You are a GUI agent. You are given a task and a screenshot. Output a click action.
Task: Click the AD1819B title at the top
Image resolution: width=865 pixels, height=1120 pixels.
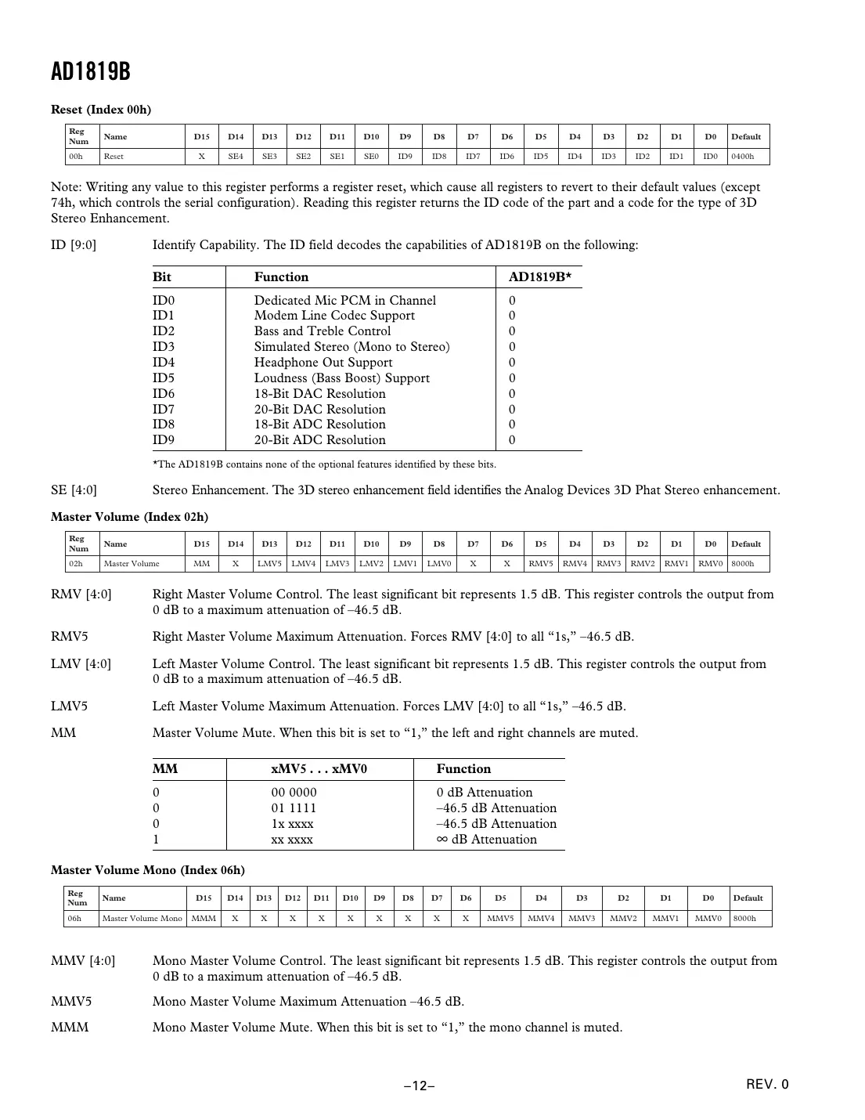point(90,72)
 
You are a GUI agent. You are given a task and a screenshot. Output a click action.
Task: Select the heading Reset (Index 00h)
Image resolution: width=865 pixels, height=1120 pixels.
point(101,110)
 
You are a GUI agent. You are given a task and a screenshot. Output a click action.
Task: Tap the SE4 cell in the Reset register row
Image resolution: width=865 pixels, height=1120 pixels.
point(236,157)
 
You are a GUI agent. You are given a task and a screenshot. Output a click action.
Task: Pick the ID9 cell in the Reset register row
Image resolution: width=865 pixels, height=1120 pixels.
point(405,157)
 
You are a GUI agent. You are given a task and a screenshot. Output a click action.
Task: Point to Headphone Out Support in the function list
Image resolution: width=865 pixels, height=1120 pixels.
point(323,363)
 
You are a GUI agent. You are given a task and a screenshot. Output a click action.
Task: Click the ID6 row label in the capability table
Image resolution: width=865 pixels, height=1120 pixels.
point(164,394)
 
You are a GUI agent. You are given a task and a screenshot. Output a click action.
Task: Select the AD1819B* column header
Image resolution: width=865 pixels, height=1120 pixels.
point(539,277)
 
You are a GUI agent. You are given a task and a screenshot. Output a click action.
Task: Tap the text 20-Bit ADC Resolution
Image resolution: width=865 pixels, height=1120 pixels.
point(319,440)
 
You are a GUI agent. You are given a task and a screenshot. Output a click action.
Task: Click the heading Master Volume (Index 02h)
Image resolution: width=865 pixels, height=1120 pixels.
point(129,517)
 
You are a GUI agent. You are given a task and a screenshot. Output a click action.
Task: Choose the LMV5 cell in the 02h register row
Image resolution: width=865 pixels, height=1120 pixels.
point(269,564)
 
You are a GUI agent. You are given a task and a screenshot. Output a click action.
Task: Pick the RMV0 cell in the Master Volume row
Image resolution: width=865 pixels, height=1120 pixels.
point(710,564)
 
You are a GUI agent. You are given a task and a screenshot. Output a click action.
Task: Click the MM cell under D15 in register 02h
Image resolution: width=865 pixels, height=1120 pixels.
point(202,564)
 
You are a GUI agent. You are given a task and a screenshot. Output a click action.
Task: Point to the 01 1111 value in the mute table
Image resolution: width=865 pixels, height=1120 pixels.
point(294,808)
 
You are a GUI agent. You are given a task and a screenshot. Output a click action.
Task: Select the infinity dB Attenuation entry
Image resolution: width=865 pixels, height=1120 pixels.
point(486,840)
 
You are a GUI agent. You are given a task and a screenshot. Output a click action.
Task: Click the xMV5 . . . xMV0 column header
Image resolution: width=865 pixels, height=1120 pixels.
point(319,769)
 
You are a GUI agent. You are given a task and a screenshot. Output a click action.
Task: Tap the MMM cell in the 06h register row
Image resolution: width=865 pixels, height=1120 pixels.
point(204,918)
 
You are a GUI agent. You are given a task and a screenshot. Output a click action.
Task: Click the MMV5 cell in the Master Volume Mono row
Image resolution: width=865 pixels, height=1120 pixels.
point(500,918)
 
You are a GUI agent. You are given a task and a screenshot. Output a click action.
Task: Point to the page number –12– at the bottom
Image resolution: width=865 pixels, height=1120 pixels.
point(420,1086)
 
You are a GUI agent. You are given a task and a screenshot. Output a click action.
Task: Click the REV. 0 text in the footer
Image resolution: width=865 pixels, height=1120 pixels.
point(767,1085)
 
